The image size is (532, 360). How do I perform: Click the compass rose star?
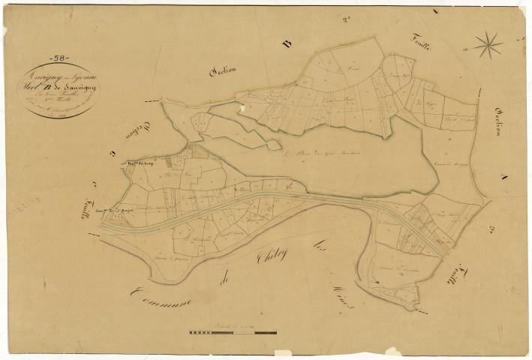488,46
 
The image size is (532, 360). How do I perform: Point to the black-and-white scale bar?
233,331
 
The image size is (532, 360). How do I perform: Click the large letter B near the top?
285,45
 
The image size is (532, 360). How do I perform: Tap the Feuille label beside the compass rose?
422,43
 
